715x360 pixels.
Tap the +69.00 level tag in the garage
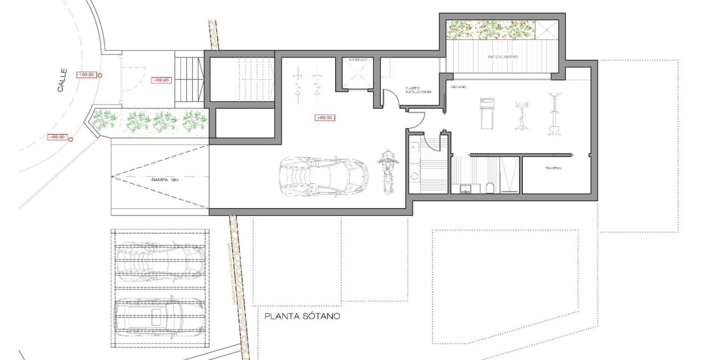point(324,117)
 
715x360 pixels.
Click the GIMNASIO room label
point(458,88)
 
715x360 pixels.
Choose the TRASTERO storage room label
point(553,168)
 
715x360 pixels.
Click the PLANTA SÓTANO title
point(301,317)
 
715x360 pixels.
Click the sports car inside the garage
point(323,175)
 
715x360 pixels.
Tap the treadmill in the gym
point(486,113)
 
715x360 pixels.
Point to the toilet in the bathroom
point(489,188)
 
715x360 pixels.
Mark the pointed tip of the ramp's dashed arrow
point(112,177)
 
